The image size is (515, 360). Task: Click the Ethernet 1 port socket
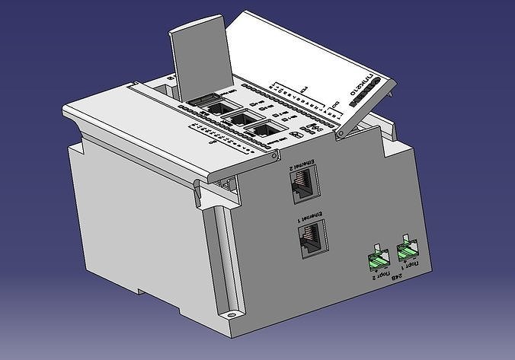tap(312, 238)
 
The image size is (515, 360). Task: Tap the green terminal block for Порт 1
tap(407, 250)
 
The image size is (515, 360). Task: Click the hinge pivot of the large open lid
tap(341, 134)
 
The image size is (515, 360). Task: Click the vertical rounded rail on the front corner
tap(220, 251)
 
